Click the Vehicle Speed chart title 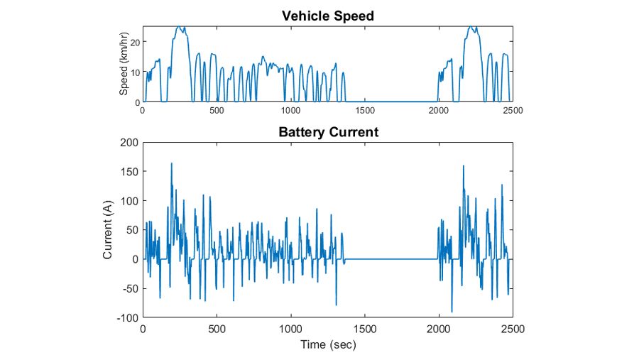(x=328, y=16)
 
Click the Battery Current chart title (x=329, y=132)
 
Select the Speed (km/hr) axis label (x=124, y=64)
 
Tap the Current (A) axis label (x=107, y=229)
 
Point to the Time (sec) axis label (x=328, y=345)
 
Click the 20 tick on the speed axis (x=136, y=42)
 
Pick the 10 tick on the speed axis (x=136, y=72)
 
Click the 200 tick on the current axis (x=129, y=143)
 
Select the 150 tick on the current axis (x=129, y=172)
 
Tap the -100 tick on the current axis (x=128, y=317)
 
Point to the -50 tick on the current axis (x=130, y=289)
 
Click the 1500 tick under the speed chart (x=365, y=111)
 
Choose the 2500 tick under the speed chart (x=513, y=111)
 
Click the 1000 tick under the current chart (x=291, y=329)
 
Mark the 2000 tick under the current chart (x=439, y=329)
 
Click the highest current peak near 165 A (x=172, y=163)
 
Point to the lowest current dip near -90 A (x=452, y=312)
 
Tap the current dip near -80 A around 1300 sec (x=336, y=305)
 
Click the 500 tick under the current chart (x=217, y=329)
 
